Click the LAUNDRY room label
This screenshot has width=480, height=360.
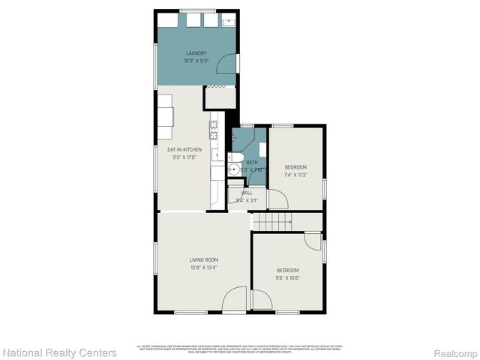[196, 53]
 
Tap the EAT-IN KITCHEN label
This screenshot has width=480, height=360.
[184, 150]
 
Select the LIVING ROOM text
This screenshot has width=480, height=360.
[203, 259]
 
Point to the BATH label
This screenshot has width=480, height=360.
[252, 162]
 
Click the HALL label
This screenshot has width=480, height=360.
[247, 193]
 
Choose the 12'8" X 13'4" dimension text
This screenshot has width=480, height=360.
[203, 268]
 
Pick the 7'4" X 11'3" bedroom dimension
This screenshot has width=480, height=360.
[295, 175]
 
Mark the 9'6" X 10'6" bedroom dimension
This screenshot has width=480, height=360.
[288, 278]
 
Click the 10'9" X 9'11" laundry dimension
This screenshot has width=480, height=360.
[196, 61]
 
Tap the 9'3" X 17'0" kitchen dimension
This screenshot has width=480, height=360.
[184, 158]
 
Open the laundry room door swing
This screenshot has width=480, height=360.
[226, 65]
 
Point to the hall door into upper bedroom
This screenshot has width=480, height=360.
[277, 199]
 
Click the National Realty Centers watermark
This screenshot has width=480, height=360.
[59, 352]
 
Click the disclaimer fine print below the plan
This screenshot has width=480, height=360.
[239, 348]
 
